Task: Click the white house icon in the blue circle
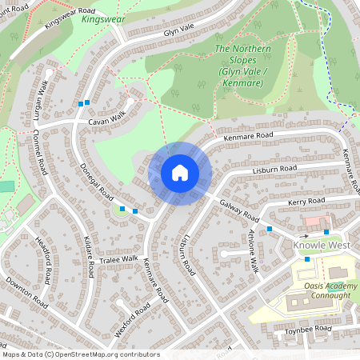click(180, 172)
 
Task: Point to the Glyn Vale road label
click(179, 29)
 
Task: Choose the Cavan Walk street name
click(107, 118)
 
